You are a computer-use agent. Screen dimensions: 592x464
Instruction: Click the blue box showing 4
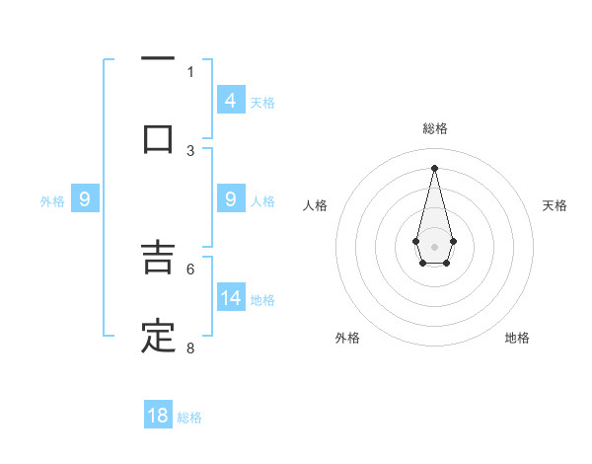pyautogui.click(x=231, y=101)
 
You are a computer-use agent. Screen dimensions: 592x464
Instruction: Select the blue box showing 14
pyautogui.click(x=231, y=298)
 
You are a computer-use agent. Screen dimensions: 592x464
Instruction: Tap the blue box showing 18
pyautogui.click(x=158, y=416)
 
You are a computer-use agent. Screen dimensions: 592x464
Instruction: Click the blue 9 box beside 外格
pyautogui.click(x=85, y=200)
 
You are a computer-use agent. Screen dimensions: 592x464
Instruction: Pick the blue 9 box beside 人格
pyautogui.click(x=231, y=200)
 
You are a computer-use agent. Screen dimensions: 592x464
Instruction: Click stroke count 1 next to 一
pyautogui.click(x=190, y=72)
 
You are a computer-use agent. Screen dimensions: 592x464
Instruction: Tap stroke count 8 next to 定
pyautogui.click(x=190, y=348)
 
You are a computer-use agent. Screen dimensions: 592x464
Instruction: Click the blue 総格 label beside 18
pyautogui.click(x=189, y=418)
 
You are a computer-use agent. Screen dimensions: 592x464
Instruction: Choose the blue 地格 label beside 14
pyautogui.click(x=262, y=300)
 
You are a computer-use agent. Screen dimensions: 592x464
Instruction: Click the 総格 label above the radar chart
pyautogui.click(x=434, y=128)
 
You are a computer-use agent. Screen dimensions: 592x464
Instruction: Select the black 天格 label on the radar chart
pyautogui.click(x=555, y=205)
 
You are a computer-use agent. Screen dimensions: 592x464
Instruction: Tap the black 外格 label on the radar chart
pyautogui.click(x=347, y=338)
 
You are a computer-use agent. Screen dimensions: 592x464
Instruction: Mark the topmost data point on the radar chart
pyautogui.click(x=434, y=167)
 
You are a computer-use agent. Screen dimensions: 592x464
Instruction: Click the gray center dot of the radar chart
pyautogui.click(x=434, y=245)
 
